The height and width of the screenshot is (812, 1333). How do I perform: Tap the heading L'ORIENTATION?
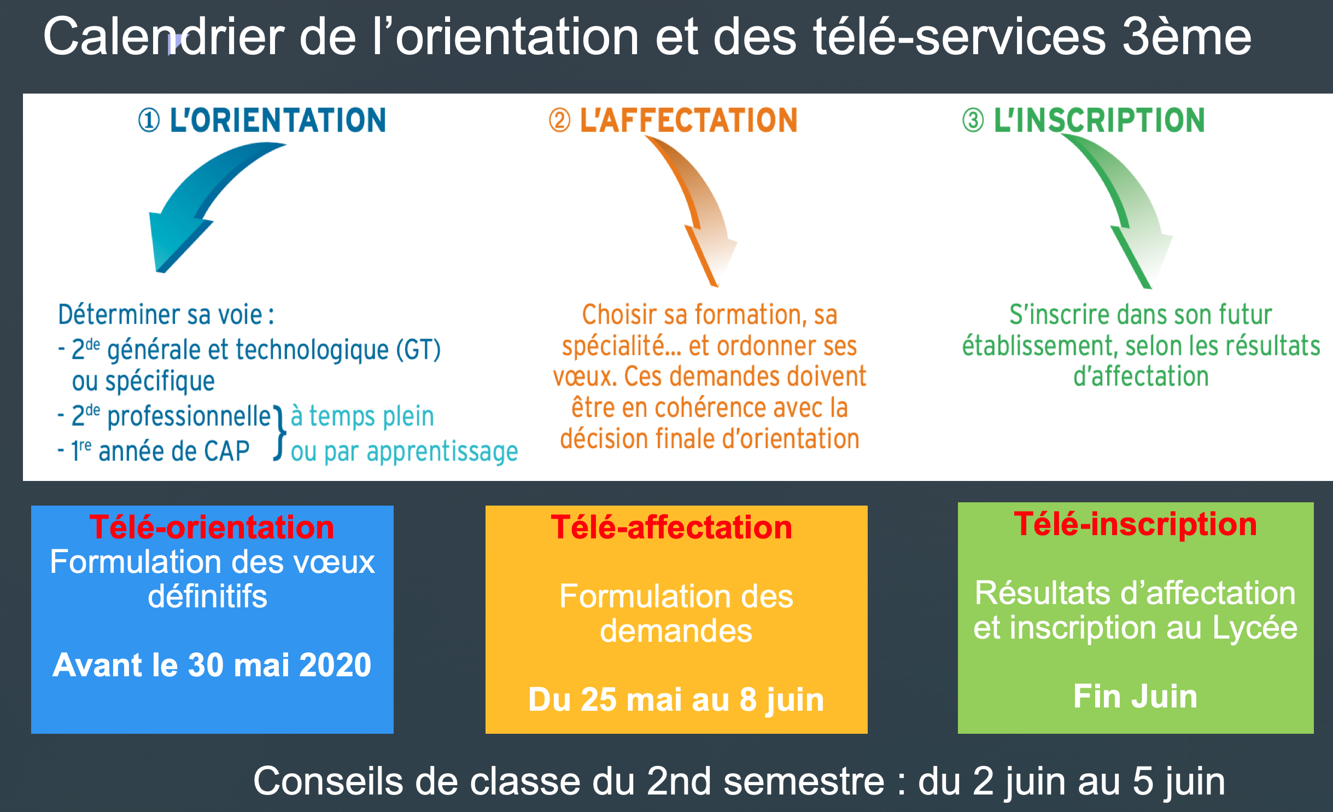point(278,120)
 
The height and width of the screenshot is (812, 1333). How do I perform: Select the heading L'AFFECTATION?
point(688,120)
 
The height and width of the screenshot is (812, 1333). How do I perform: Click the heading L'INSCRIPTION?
point(1099,120)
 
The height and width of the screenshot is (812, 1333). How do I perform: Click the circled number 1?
point(149,120)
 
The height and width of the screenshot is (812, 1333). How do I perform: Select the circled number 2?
point(559,120)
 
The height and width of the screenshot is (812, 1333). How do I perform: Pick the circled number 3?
point(973,120)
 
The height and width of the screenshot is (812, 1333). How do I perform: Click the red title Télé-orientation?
point(212,527)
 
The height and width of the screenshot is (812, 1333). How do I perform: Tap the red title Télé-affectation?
point(671,527)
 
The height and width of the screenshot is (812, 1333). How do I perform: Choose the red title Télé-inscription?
point(1136,524)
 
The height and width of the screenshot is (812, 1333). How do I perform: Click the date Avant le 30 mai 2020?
point(212,665)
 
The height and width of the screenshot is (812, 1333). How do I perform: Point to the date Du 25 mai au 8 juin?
point(676,700)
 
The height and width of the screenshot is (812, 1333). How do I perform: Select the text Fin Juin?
point(1136,696)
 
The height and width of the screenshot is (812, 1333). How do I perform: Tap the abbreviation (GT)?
point(418,350)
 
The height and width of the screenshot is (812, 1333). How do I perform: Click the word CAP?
point(226,451)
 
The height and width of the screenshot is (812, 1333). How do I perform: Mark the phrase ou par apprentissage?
point(404,452)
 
